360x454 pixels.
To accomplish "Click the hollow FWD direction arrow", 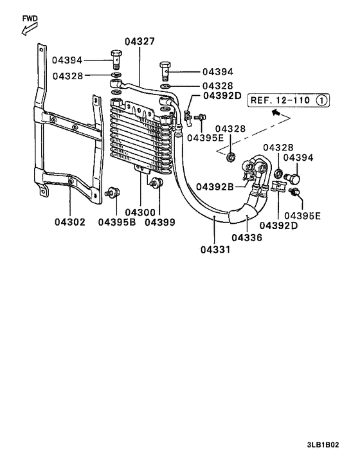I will [x=28, y=29].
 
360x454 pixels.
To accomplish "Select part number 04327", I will [x=139, y=42].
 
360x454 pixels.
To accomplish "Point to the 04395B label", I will [x=117, y=222].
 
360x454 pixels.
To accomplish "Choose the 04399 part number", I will [x=159, y=222].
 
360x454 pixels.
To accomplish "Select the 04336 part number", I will [x=246, y=237].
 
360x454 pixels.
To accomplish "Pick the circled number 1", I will [x=322, y=100].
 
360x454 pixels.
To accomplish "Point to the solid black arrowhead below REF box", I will [x=276, y=113].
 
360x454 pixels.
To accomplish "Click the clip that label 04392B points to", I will [x=248, y=173].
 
